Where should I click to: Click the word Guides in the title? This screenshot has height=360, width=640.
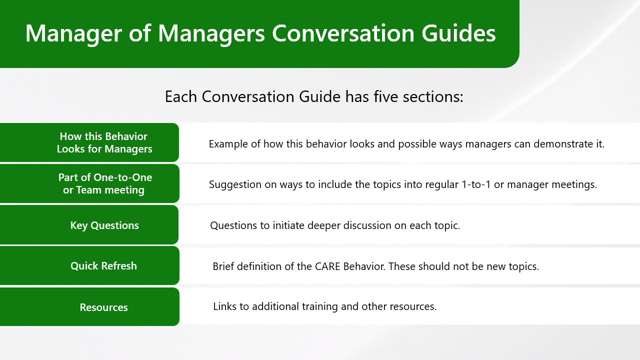(458, 33)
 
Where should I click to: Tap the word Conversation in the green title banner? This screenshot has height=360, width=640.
(343, 33)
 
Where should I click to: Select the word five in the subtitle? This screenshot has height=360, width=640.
(385, 96)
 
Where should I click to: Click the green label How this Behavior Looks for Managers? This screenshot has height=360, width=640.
(89, 142)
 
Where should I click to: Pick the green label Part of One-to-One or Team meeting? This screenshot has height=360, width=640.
(89, 183)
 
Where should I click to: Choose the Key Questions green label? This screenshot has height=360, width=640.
(89, 225)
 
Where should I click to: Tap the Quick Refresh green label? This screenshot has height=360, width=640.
(89, 265)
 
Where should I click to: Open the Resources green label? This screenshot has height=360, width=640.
(89, 307)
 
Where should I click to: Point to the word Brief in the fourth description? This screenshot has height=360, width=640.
(223, 266)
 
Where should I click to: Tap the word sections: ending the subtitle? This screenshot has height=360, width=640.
(433, 96)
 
